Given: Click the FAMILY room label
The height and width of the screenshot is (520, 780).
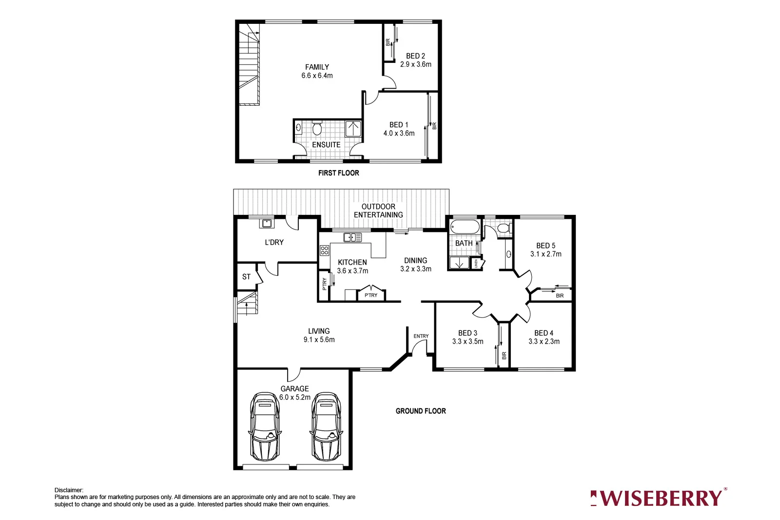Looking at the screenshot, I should pos(317,67).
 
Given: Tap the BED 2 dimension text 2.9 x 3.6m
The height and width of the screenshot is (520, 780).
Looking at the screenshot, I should pos(415,64).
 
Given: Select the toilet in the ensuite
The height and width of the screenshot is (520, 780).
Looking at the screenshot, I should pos(317,129).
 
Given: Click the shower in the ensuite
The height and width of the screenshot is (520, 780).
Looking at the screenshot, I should pos(353,129).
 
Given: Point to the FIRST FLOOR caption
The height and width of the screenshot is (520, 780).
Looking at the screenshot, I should pos(338,173).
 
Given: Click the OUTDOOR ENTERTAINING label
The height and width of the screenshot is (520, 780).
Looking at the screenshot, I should pos(378,211).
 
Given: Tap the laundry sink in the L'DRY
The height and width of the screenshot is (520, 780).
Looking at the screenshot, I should pos(267,224).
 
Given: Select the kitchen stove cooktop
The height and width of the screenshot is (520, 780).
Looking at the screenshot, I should pos(324,250).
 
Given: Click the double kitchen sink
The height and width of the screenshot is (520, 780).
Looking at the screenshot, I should pos(352,237).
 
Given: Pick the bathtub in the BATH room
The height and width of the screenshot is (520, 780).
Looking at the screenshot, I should pos(465,227).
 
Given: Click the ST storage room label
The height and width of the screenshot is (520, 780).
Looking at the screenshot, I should pos(246,277).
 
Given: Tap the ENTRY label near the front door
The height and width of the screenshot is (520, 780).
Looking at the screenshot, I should pos(421,336).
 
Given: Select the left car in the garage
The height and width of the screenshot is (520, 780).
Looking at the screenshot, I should pos(265,426).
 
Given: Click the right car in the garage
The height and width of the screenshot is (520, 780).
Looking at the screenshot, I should pos(326,426).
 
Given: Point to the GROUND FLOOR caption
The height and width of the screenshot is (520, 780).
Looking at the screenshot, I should pos(420,411).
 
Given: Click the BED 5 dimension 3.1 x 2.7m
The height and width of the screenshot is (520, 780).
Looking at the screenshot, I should pos(546,254).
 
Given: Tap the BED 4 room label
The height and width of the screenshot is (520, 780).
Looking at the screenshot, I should pos(544,333).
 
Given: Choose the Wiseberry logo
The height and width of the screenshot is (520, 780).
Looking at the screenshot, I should pos(658,498).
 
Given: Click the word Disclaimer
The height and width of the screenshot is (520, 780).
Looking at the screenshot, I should pos(69,490).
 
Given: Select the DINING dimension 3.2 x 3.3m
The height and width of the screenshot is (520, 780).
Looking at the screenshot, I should pos(415,269).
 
